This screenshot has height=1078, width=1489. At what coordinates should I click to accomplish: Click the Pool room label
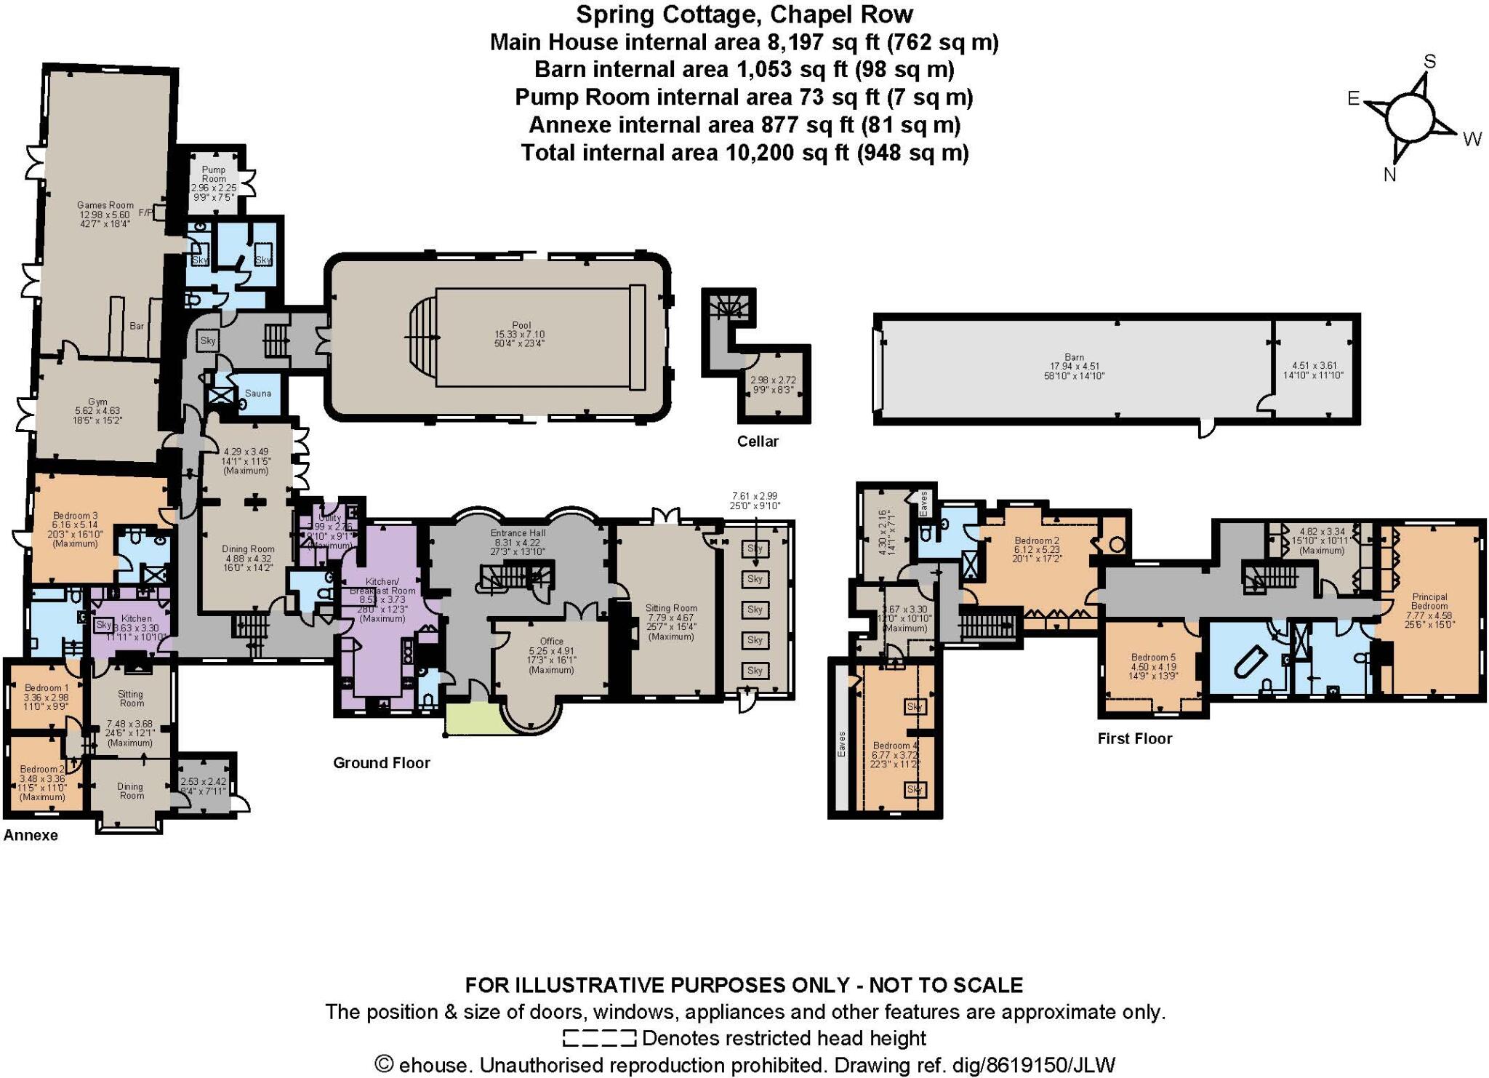(521, 326)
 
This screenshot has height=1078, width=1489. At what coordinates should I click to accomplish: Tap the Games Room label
(105, 206)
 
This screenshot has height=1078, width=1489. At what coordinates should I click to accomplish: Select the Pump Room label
(214, 174)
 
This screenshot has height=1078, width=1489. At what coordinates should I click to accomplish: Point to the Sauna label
(257, 394)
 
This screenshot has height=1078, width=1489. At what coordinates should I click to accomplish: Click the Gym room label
(97, 402)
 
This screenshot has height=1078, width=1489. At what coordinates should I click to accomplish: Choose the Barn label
(1074, 357)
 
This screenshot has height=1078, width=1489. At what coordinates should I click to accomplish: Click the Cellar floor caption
(758, 442)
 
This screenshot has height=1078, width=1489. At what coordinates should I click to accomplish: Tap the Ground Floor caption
(382, 763)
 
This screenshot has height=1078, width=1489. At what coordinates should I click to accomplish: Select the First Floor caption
(1135, 739)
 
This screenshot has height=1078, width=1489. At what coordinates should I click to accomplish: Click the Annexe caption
(31, 836)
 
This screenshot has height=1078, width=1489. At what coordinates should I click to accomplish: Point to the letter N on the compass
(1389, 175)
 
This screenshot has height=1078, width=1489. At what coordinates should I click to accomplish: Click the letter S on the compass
(1429, 62)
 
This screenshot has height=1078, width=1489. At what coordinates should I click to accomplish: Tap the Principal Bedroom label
(1429, 602)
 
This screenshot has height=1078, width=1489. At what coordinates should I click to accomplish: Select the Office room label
(552, 642)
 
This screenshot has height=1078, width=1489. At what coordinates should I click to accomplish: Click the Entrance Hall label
(518, 533)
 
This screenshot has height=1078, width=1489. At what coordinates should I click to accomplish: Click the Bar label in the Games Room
(137, 326)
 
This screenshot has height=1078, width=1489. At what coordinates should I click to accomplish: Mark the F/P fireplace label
(145, 213)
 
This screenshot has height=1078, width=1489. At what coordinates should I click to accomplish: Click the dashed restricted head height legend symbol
(599, 1038)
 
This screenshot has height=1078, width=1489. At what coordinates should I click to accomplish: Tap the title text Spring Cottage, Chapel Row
(744, 15)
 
